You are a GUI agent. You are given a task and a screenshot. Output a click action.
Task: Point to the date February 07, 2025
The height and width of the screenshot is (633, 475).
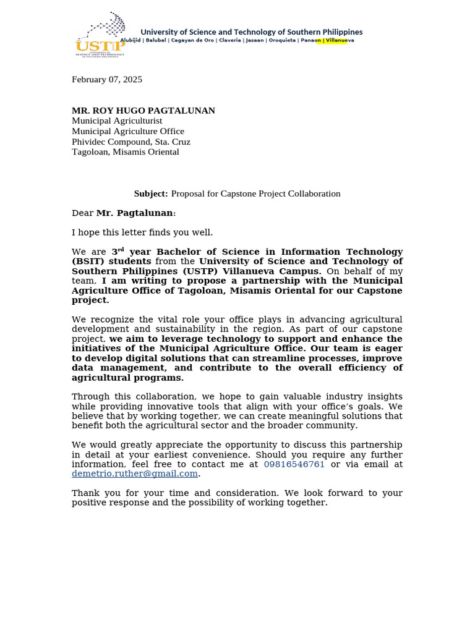click(107, 79)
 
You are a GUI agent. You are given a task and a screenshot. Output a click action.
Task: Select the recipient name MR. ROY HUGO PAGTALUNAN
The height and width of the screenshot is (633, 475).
click(143, 111)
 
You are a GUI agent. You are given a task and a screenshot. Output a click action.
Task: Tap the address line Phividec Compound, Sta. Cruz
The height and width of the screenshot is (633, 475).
click(131, 142)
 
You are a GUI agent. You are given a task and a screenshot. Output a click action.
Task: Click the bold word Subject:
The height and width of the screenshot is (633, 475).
click(151, 193)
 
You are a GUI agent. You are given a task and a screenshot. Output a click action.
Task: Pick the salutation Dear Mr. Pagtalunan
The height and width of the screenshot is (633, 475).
click(124, 213)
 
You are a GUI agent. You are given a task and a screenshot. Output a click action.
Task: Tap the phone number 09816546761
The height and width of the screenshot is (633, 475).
click(294, 464)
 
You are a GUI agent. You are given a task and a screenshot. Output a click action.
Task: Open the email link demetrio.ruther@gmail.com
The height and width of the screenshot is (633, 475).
click(135, 474)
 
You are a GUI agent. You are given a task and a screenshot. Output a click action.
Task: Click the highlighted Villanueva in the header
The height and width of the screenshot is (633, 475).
click(340, 40)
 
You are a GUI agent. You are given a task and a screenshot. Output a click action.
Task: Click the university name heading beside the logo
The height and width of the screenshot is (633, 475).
click(252, 32)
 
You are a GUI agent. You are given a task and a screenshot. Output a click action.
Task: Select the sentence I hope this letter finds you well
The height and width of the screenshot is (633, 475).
click(142, 232)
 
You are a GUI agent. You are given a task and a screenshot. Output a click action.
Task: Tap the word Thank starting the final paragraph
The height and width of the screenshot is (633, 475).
click(85, 493)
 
